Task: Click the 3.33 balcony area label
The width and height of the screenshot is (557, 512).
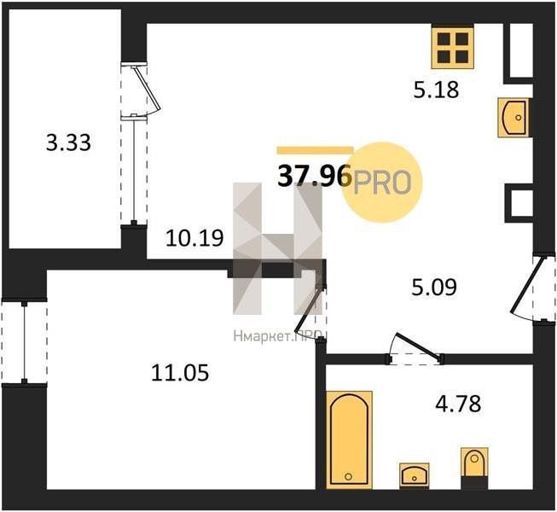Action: click(x=68, y=143)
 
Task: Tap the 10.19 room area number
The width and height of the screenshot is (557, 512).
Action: click(x=194, y=238)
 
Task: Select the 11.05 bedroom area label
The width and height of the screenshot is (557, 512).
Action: click(x=180, y=373)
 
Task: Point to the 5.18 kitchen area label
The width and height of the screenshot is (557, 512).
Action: click(x=436, y=90)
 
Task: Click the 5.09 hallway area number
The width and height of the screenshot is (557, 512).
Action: click(x=434, y=287)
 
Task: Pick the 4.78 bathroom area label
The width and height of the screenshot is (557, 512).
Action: click(x=458, y=404)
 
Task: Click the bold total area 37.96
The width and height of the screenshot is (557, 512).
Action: click(x=315, y=177)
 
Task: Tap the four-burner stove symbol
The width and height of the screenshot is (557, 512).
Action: click(x=453, y=47)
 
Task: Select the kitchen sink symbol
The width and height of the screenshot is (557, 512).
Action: click(x=513, y=118)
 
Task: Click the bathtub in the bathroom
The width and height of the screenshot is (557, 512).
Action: click(x=349, y=439)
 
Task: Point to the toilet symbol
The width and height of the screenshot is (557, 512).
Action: click(x=474, y=468)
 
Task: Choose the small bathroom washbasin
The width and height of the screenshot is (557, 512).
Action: click(x=415, y=475)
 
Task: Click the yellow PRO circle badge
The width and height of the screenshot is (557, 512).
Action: click(x=382, y=182)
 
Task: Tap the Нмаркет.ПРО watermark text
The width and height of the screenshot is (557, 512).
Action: click(x=278, y=336)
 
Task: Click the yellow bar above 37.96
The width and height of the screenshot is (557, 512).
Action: click(x=315, y=150)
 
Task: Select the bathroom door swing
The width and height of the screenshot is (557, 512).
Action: click(x=415, y=347)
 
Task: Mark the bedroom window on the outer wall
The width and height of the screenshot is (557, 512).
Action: click(x=24, y=343)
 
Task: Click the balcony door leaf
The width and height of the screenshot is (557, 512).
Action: click(x=146, y=87)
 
